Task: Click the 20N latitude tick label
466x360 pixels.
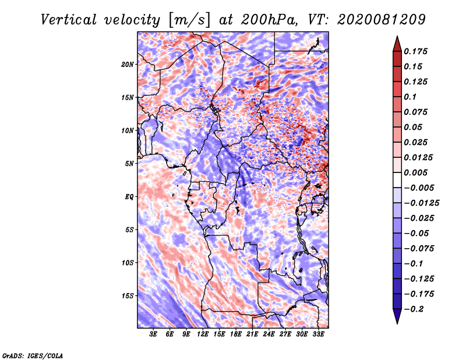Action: pos(128,65)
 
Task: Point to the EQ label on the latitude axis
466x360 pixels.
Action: pos(129,197)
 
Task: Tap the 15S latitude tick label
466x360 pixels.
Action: pos(128,296)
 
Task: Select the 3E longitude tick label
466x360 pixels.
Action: pos(153,334)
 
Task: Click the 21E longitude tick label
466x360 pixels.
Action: pos(252,334)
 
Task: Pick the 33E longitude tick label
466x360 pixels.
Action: pos(318,334)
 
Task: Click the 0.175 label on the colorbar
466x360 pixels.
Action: pos(415,51)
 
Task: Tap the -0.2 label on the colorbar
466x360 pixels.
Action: pos(414,309)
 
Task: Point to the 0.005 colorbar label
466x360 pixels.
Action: pos(415,172)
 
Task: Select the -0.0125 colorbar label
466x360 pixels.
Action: pos(421,203)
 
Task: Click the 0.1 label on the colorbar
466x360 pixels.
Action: pos(410,97)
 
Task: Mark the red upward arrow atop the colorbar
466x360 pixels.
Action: pos(397,44)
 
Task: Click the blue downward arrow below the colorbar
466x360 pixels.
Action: pos(397,316)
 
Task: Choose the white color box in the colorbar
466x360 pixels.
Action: pos(397,180)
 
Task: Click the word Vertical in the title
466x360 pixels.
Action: pos(69,20)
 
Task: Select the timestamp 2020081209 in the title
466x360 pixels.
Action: pos(382,20)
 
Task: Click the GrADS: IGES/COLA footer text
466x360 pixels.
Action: pos(33,355)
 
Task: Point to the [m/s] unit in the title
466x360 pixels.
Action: pos(189,20)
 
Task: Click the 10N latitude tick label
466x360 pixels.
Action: pos(128,130)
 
